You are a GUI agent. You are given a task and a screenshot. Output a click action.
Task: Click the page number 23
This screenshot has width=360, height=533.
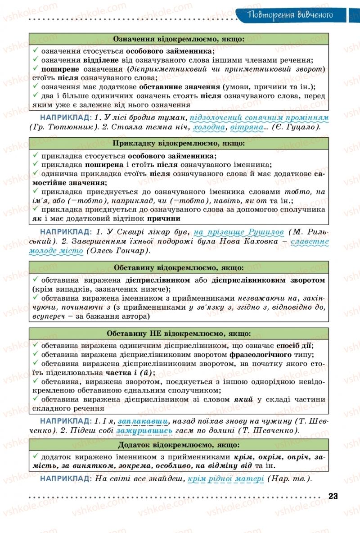[x=333, y=496]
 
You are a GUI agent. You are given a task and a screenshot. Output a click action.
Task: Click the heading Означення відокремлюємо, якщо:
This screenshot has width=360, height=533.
[x=179, y=39]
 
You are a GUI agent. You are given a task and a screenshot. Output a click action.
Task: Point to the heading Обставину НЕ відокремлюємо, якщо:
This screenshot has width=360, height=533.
[x=179, y=334]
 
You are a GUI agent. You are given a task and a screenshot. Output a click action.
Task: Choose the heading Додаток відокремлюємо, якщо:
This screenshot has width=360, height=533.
[x=179, y=445]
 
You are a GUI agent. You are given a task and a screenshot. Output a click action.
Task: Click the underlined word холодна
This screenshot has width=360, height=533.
[x=209, y=127]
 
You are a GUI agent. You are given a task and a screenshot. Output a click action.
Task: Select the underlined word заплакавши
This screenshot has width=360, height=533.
[x=143, y=421]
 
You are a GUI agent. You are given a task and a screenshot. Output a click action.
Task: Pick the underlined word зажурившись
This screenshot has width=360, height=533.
[x=144, y=431]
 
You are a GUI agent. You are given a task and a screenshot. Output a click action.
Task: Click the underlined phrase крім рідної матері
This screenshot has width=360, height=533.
[x=225, y=479]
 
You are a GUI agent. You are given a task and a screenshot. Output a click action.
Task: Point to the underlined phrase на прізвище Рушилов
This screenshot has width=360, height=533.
[x=239, y=232]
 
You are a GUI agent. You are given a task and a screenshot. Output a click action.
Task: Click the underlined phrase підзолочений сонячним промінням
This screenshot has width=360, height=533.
[x=259, y=118]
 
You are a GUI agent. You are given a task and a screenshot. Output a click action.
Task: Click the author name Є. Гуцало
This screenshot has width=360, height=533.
[x=295, y=127]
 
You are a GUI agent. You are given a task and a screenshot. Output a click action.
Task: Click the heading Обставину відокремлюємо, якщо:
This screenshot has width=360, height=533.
[x=179, y=268]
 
